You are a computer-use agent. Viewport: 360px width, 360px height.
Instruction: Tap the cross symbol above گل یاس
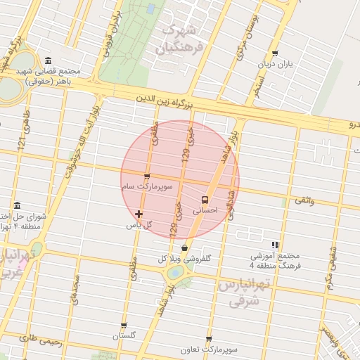click(x=139, y=214)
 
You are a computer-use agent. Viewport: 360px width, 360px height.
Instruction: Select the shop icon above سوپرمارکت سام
click(x=146, y=176)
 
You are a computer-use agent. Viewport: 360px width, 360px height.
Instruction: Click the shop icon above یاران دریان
click(x=275, y=53)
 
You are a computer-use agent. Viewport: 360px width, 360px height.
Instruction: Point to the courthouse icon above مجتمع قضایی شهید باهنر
click(x=47, y=60)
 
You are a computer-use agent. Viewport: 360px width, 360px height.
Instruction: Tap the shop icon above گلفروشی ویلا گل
click(x=184, y=247)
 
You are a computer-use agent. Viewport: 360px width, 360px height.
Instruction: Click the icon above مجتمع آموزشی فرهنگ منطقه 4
click(x=275, y=245)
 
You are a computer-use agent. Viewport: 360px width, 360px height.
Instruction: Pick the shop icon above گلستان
click(x=124, y=326)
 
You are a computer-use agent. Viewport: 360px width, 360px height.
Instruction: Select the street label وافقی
click(x=305, y=202)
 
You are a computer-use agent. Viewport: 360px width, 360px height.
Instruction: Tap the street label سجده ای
click(x=75, y=288)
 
